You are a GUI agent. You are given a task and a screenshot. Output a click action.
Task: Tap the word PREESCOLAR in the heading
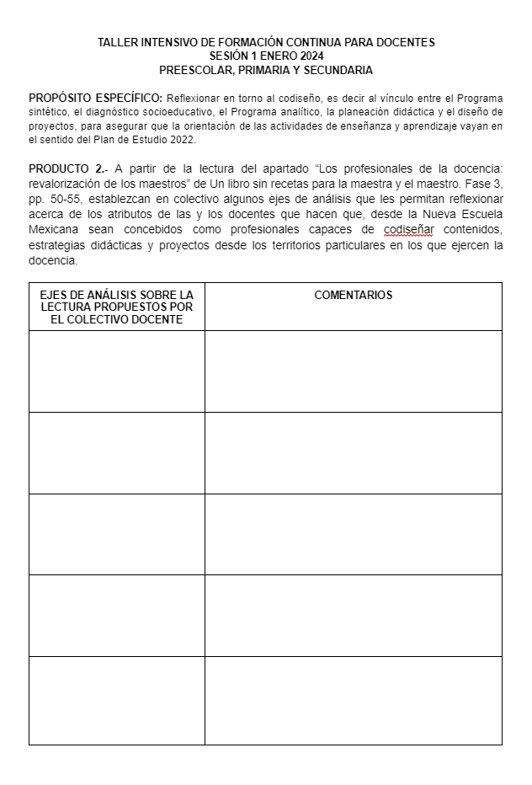(189, 70)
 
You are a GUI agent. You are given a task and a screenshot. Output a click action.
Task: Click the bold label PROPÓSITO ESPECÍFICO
(95, 99)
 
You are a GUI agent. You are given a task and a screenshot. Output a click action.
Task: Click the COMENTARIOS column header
(353, 296)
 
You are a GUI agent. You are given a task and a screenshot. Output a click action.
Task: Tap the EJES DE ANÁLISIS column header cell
(117, 307)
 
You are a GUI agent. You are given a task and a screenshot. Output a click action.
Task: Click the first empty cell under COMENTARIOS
(353, 371)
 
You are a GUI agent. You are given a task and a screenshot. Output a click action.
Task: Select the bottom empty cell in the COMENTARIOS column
(353, 700)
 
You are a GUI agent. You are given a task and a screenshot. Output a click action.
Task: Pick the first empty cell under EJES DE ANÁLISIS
(117, 371)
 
